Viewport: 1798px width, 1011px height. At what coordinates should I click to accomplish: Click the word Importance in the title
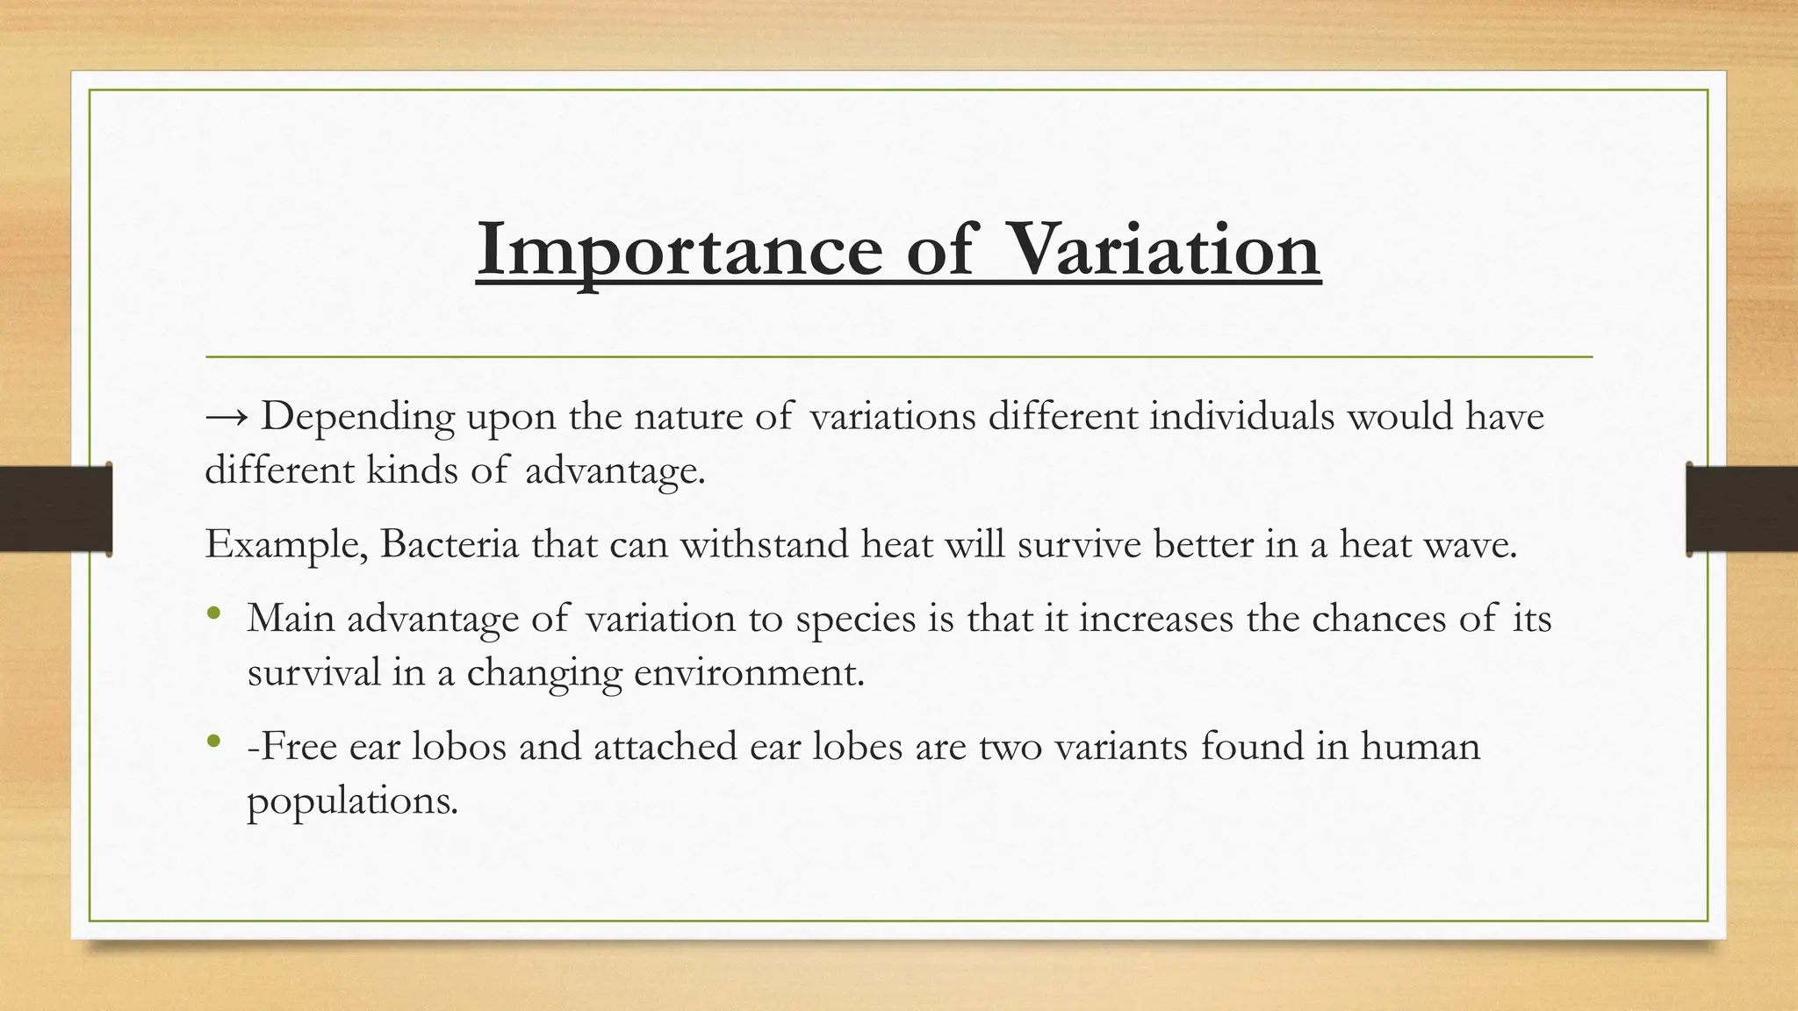point(681,249)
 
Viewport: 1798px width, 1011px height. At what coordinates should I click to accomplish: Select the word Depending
point(358,418)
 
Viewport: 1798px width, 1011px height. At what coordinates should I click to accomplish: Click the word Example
point(284,546)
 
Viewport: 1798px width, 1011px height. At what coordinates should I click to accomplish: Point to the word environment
point(748,673)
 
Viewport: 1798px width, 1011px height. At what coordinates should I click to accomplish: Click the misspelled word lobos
point(458,747)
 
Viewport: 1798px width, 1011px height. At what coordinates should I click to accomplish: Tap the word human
point(1420,747)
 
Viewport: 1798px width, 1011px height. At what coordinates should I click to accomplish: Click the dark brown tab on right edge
point(1742,509)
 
